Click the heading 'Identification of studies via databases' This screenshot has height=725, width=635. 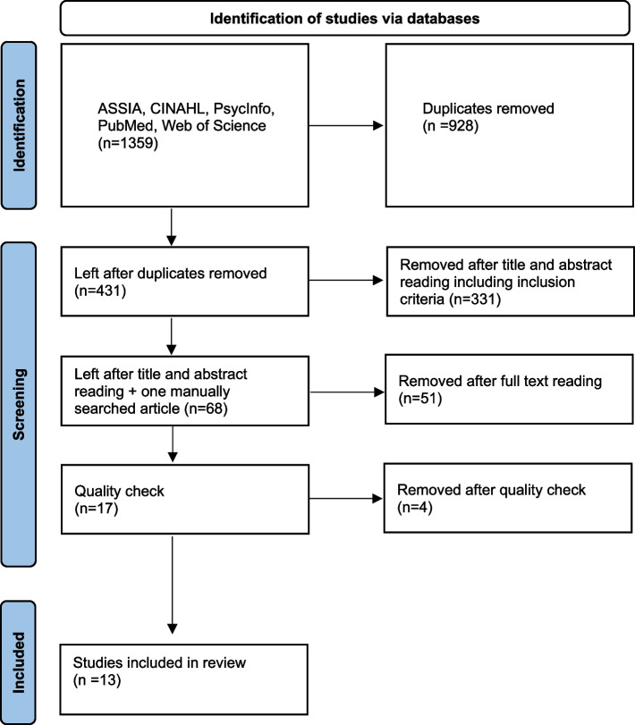[x=344, y=19]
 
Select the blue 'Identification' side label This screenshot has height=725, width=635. [x=19, y=125]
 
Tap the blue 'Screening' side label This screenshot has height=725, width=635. [x=19, y=404]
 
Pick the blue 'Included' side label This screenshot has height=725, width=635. [x=19, y=662]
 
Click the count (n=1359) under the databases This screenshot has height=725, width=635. [x=128, y=143]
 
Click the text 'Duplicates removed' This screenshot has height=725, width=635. [x=488, y=108]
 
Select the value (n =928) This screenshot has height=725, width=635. [x=450, y=126]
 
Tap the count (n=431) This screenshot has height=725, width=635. [x=100, y=291]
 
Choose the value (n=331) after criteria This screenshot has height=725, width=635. [x=475, y=299]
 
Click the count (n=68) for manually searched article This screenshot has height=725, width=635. [x=206, y=409]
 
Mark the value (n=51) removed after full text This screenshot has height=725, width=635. [x=420, y=398]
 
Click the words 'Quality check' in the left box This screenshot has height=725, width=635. [x=119, y=491]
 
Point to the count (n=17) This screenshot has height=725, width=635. [x=97, y=508]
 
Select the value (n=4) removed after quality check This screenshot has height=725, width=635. [x=415, y=507]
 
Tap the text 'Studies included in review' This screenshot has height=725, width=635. [x=159, y=662]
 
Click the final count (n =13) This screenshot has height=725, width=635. [x=97, y=680]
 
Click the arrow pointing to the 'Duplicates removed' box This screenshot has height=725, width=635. [x=345, y=125]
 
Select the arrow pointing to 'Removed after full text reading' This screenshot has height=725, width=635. [x=346, y=392]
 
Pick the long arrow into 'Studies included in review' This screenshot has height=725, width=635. [x=172, y=585]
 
